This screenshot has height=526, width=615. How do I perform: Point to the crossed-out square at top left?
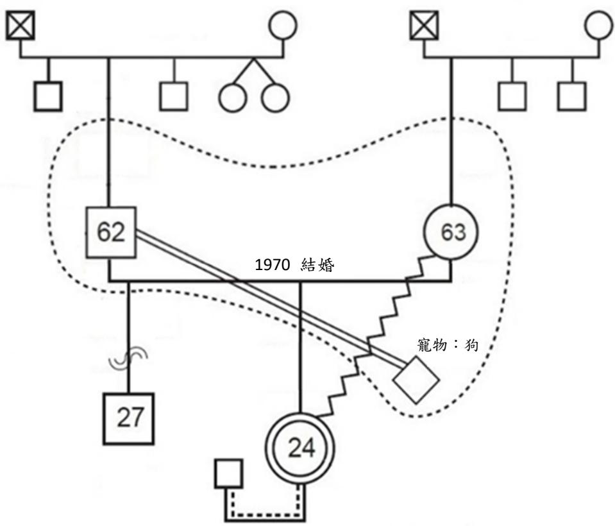pyautogui.click(x=21, y=26)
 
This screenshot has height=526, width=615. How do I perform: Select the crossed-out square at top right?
pyautogui.click(x=424, y=26)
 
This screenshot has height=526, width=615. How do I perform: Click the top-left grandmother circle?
pyautogui.click(x=283, y=25)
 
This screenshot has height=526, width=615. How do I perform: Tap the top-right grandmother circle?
pyautogui.click(x=598, y=25)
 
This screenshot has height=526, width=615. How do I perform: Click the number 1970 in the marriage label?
pyautogui.click(x=272, y=265)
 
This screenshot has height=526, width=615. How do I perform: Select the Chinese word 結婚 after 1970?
pyautogui.click(x=317, y=265)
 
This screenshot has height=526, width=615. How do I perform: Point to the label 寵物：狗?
pyautogui.click(x=448, y=345)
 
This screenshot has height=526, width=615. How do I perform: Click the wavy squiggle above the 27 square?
pyautogui.click(x=128, y=359)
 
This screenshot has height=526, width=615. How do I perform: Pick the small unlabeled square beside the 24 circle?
pyautogui.click(x=229, y=474)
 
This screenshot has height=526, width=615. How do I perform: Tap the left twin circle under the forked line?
pyautogui.click(x=233, y=97)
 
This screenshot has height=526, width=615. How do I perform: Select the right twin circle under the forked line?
pyautogui.click(x=275, y=97)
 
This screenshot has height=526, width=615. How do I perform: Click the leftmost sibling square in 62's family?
pyautogui.click(x=48, y=96)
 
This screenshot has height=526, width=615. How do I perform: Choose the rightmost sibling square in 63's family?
pyautogui.click(x=572, y=96)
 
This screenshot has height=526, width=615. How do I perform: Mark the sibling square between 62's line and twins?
pyautogui.click(x=174, y=96)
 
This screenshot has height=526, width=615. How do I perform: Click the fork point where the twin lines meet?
pyautogui.click(x=254, y=58)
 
